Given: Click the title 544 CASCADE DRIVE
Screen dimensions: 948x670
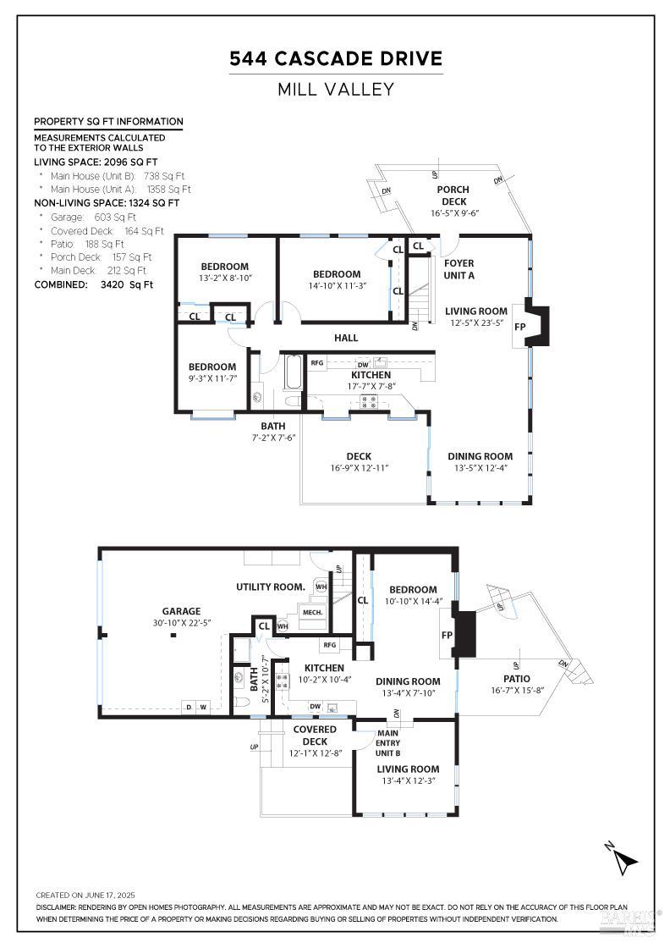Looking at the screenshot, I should [x=336, y=58].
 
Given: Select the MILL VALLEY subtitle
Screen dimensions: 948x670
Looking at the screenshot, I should [x=336, y=89].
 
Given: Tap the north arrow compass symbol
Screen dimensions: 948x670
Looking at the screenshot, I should [x=624, y=859].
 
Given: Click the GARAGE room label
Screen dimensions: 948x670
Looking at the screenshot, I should [x=182, y=611].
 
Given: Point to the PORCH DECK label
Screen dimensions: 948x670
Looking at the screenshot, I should [x=453, y=196].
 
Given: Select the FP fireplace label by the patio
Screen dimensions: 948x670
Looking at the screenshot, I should [x=447, y=634].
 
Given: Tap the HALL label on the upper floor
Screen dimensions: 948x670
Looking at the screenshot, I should [x=346, y=338].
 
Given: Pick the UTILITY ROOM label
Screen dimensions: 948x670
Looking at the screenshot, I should [x=270, y=587].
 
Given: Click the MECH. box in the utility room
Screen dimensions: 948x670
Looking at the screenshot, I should [x=312, y=612].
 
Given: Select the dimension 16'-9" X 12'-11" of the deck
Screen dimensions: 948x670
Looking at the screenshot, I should [x=359, y=468].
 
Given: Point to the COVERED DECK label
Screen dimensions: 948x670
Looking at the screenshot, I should [x=314, y=735].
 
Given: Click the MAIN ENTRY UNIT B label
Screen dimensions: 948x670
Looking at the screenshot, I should [x=387, y=743].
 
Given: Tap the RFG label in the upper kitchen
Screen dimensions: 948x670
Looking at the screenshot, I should [x=317, y=363].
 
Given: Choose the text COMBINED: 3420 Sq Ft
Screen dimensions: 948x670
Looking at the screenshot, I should [x=94, y=284].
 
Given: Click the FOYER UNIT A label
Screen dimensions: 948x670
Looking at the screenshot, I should [x=459, y=269].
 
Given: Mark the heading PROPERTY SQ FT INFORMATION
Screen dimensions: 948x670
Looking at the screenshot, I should [x=108, y=122].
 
